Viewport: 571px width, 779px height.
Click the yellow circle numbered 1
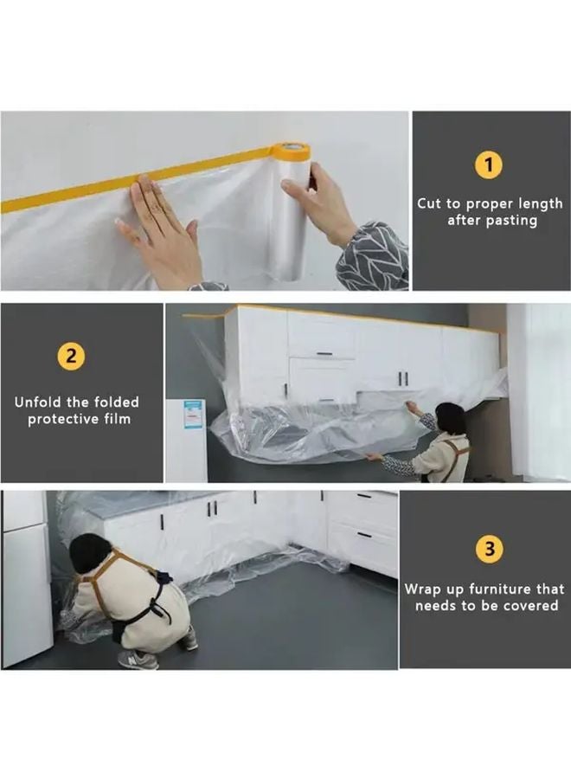pyautogui.click(x=489, y=165)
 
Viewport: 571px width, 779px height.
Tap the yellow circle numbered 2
pyautogui.click(x=71, y=357)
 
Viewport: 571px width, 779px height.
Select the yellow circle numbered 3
pyautogui.click(x=489, y=549)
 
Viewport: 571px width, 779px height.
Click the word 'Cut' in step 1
pyautogui.click(x=428, y=203)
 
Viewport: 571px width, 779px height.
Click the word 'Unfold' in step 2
pyautogui.click(x=38, y=402)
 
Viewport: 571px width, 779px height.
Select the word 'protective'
pyautogui.click(x=63, y=419)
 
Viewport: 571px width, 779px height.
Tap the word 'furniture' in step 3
pyautogui.click(x=500, y=589)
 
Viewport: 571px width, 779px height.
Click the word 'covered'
pyautogui.click(x=531, y=606)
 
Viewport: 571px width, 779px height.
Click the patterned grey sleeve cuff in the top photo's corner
pyautogui.click(x=372, y=256)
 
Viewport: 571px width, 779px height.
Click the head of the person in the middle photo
pyautogui.click(x=450, y=418)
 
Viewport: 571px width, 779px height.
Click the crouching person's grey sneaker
pyautogui.click(x=138, y=660)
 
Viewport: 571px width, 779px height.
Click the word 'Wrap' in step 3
pyautogui.click(x=421, y=589)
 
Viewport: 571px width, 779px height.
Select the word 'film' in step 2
pyautogui.click(x=117, y=419)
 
